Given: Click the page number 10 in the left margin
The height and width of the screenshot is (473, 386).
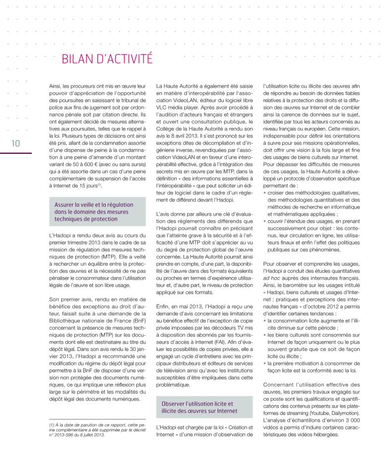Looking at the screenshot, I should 14,144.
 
